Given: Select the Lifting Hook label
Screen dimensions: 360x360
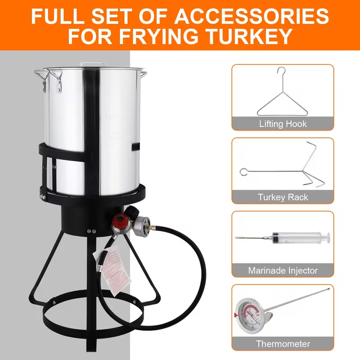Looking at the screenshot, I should [x=283, y=123].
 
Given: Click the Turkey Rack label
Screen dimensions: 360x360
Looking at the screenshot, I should [x=283, y=197].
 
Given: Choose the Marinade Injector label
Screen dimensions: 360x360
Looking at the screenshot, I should [x=283, y=270].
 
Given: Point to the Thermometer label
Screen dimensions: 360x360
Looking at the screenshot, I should [x=283, y=344].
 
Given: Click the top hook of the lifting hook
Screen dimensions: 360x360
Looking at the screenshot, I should [x=282, y=73].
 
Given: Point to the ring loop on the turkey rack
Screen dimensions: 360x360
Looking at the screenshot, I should [x=243, y=171].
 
